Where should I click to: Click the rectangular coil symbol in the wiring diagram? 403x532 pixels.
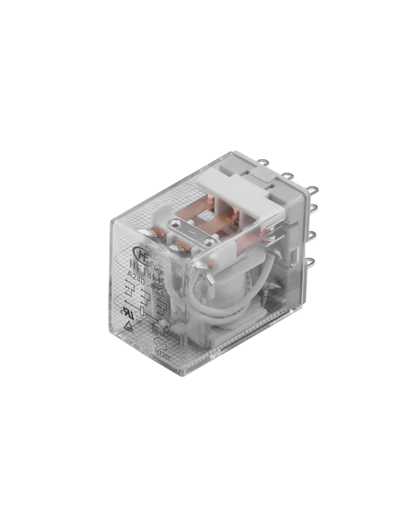[x=141, y=311]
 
